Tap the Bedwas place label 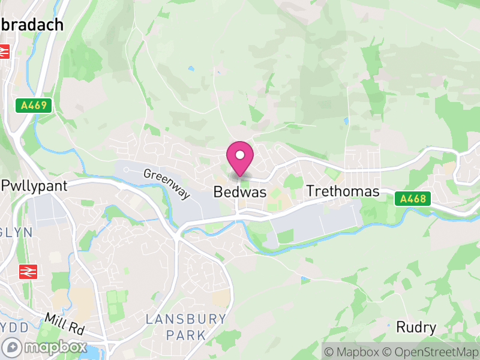pos(240,193)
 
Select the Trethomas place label pos(343,191)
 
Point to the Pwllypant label pos(34,185)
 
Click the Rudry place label pos(416,328)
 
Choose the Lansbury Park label pos(186,326)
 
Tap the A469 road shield pos(34,106)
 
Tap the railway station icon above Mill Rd pos(27,271)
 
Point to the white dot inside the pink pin pos(240,155)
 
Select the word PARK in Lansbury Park pos(186,335)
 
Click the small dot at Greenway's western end pos(126,170)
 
